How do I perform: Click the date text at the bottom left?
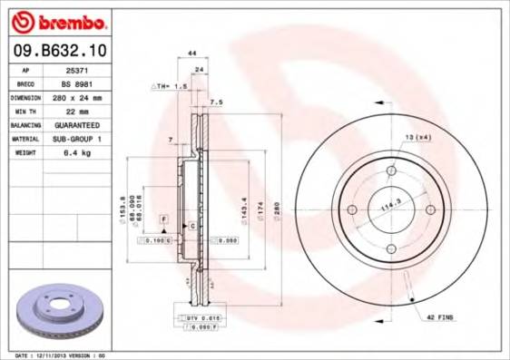[62, 355]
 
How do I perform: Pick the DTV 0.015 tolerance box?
[202, 319]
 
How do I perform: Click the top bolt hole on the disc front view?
[391, 170]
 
